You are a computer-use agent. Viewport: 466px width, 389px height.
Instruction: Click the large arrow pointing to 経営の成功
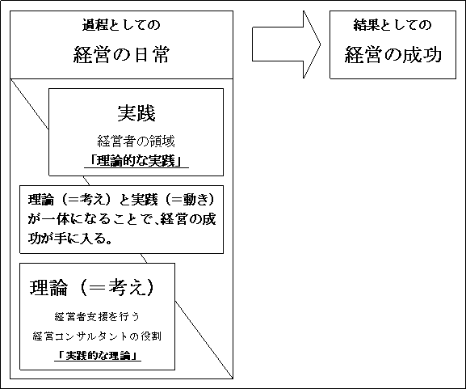point(287,44)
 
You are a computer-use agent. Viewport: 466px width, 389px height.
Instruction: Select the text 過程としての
point(121,25)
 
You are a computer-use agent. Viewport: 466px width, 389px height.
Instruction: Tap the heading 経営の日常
point(122,54)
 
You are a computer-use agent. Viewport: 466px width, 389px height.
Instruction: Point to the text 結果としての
point(393,25)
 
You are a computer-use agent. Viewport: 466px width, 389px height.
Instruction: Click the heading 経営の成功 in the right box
point(393,54)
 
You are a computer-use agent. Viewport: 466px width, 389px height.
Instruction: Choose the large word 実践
point(136,113)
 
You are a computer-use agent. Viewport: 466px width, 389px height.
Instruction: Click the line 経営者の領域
point(136,142)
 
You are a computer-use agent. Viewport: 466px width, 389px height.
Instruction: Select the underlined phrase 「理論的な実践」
point(136,161)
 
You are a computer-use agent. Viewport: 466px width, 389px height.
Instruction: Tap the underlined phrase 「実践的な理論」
point(98,356)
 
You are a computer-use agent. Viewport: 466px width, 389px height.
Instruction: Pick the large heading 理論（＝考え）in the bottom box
point(92,288)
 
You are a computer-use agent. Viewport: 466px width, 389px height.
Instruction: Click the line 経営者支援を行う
point(97,317)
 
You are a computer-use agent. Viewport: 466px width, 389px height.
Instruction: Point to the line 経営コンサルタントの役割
point(97,336)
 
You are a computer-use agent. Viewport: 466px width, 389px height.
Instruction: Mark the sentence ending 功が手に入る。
point(70,238)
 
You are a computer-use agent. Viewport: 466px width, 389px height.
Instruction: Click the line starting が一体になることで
point(122,219)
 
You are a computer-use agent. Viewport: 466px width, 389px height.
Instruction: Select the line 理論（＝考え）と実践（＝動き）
point(121,200)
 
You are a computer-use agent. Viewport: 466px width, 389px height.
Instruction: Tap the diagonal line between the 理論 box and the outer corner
point(204,340)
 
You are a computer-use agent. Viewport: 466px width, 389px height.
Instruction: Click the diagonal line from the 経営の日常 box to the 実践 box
point(29,104)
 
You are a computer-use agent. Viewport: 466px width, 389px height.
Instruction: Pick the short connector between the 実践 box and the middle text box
point(86,180)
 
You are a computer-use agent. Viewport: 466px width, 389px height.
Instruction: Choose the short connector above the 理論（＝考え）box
point(144,258)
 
